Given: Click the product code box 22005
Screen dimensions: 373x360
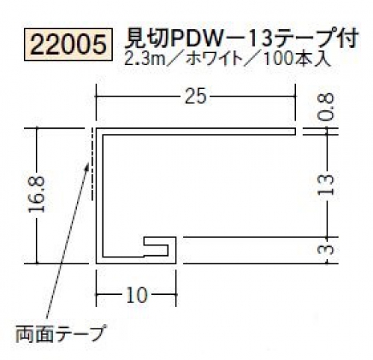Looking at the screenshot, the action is (68, 45).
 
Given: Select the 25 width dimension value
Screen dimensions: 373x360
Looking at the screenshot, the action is (196, 97).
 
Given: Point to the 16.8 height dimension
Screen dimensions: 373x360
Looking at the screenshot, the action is (37, 195).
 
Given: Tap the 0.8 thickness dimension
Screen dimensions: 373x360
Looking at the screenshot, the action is (326, 106).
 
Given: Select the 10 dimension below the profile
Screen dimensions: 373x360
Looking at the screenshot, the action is (137, 295).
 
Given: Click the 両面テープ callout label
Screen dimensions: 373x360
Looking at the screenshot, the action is (60, 333).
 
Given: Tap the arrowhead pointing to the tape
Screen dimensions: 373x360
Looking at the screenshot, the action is (87, 167).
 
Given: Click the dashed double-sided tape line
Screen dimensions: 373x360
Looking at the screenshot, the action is (93, 164).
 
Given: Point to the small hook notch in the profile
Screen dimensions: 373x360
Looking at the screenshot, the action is (156, 245).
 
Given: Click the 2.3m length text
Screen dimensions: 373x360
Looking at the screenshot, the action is (144, 59).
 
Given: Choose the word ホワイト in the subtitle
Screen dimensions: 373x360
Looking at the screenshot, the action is (215, 59).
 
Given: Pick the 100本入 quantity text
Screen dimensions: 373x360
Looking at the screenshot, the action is (297, 59).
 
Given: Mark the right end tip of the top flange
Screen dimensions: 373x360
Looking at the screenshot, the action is (295, 132).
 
